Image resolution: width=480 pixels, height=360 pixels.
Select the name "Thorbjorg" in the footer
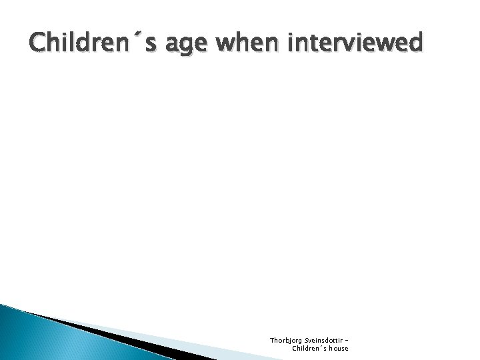[x=285, y=339]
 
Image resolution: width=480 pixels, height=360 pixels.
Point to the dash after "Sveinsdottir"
[x=346, y=340]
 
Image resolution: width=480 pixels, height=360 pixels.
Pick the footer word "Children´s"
[x=308, y=348]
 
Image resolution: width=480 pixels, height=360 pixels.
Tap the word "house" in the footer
[x=337, y=348]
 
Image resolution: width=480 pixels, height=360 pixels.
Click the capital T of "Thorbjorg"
[x=271, y=339]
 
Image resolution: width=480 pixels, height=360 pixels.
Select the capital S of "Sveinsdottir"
[x=305, y=339]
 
